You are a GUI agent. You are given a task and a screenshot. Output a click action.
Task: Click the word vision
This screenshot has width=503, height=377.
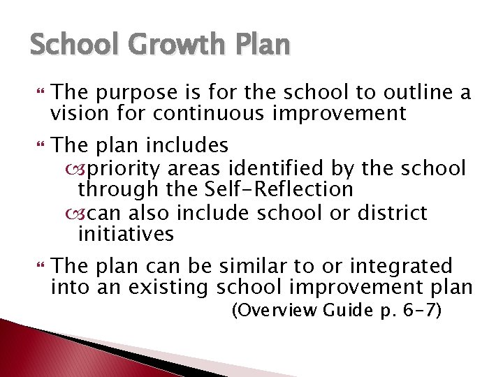pyautogui.click(x=76, y=113)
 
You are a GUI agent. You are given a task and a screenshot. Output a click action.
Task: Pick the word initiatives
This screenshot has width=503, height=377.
pyautogui.click(x=126, y=233)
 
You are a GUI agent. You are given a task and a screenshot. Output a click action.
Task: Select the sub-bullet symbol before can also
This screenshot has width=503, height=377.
pyautogui.click(x=71, y=212)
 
